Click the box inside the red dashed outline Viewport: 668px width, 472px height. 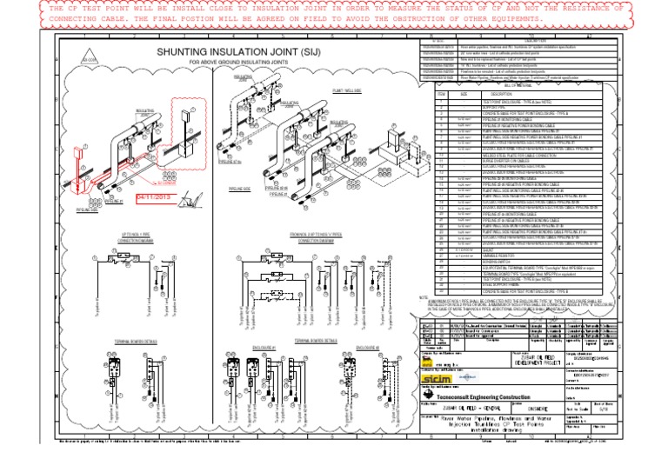pos(186,121)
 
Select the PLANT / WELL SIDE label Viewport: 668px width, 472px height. pos(324,89)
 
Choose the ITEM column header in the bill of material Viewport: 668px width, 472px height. pos(441,93)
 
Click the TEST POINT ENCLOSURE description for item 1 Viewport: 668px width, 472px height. pos(513,101)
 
